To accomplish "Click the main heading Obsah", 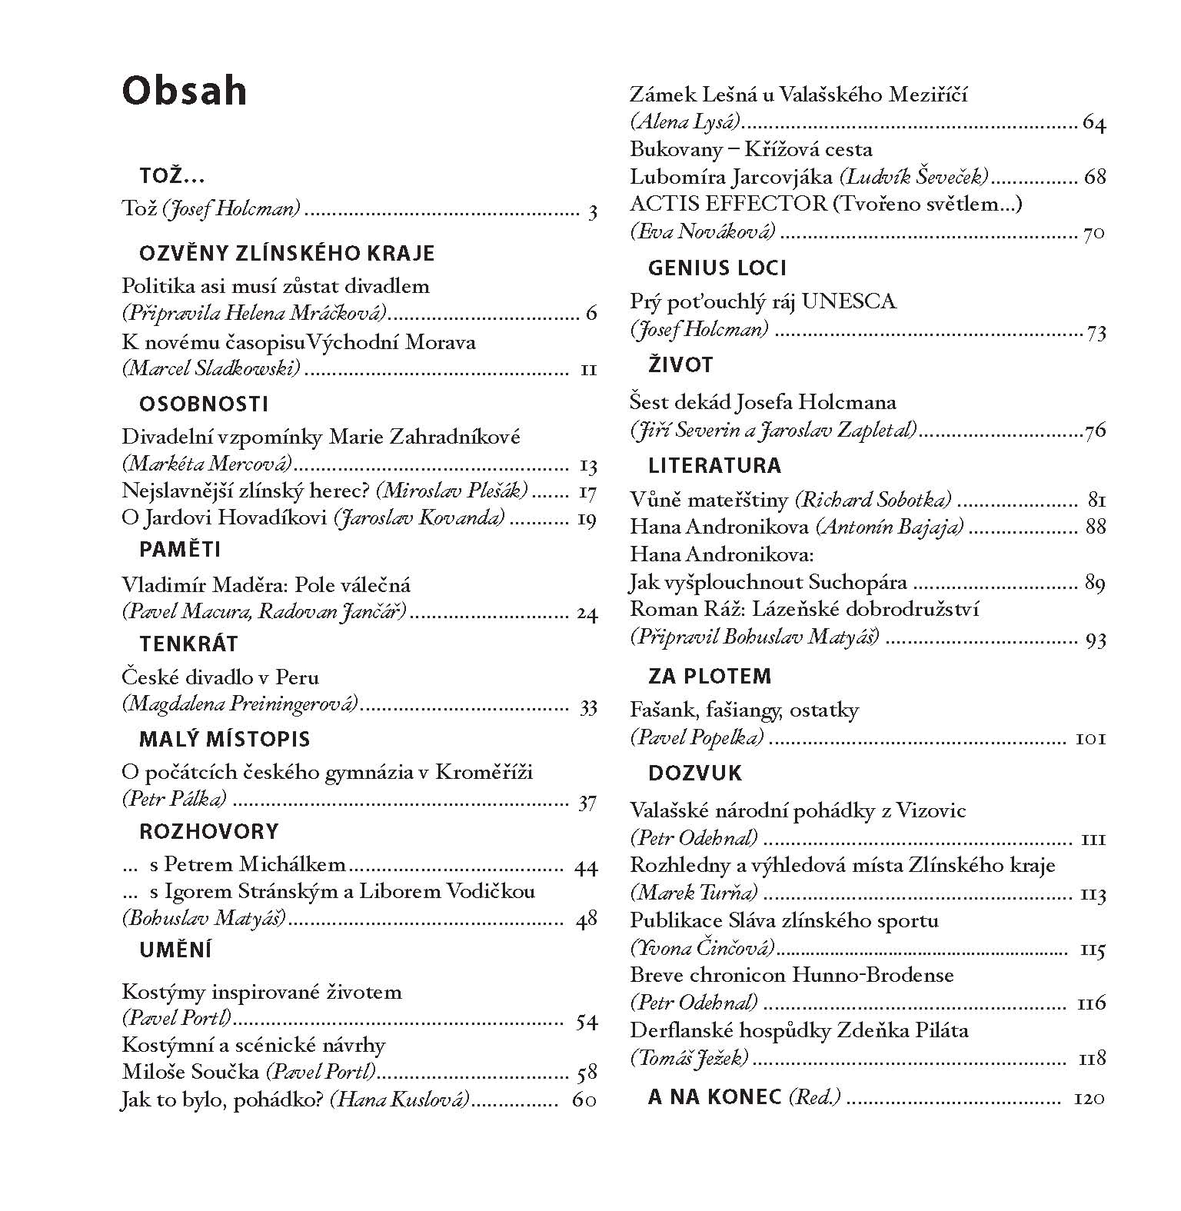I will [x=185, y=91].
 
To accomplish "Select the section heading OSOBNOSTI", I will [x=204, y=404].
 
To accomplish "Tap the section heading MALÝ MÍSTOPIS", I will [x=225, y=740].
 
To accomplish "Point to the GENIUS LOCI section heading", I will [x=717, y=268].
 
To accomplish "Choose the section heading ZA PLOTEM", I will [x=710, y=677].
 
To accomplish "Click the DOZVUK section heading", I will [x=695, y=774].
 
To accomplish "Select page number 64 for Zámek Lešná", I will [x=1093, y=123].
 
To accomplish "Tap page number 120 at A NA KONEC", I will [x=1088, y=1098].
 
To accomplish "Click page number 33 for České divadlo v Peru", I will [x=587, y=707].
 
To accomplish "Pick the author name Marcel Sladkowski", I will [x=211, y=369].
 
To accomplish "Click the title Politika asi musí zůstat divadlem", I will [x=276, y=286].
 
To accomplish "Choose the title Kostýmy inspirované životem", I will [x=261, y=992].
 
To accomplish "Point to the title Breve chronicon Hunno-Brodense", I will [x=792, y=976].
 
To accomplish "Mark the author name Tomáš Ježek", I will [x=689, y=1059].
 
